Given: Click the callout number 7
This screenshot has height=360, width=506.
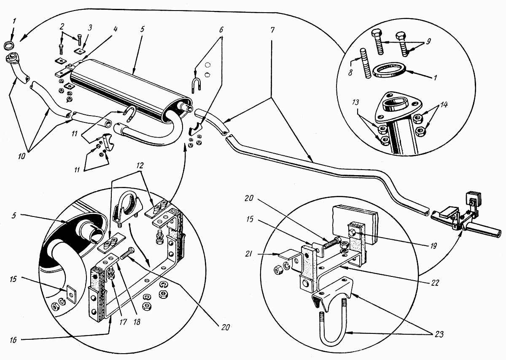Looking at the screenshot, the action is (x=272, y=30).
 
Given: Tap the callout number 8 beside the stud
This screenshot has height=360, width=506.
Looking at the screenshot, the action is (x=350, y=73).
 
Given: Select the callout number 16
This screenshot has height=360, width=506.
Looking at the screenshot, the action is (x=13, y=340).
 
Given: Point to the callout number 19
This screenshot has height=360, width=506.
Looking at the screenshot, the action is (x=433, y=246).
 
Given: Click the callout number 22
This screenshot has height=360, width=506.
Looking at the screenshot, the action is (x=435, y=283).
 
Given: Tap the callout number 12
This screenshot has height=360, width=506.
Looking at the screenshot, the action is (x=140, y=165).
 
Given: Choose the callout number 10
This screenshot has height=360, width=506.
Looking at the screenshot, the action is (x=22, y=156).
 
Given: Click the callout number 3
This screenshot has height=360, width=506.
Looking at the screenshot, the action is (x=90, y=28).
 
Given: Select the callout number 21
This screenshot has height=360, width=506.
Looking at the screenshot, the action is (x=248, y=254).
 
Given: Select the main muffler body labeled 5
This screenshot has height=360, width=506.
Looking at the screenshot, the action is (x=131, y=88).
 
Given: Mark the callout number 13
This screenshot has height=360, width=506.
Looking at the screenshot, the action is (x=355, y=103).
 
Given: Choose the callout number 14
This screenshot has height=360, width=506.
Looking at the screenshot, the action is (x=444, y=105).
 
